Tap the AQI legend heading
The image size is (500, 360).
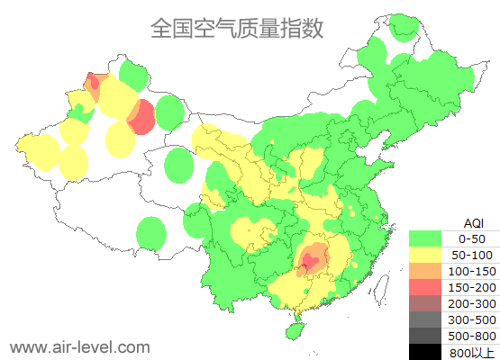point(473,222)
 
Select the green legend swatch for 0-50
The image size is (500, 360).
point(426,238)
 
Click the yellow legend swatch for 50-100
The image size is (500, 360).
point(426,255)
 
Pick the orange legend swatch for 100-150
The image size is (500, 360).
point(426,271)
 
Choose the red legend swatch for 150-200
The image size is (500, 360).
point(426,287)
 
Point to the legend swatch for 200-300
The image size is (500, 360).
point(426,303)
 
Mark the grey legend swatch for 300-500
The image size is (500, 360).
point(426,319)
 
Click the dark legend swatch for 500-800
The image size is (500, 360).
point(426,336)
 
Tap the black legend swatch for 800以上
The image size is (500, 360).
point(426,352)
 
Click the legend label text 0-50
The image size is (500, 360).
point(471,238)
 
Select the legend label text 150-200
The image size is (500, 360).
point(471,287)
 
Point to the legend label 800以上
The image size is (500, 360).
point(471,352)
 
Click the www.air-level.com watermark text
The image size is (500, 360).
point(79,346)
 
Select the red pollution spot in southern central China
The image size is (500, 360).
point(309,263)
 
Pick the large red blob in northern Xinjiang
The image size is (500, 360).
point(141,117)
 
